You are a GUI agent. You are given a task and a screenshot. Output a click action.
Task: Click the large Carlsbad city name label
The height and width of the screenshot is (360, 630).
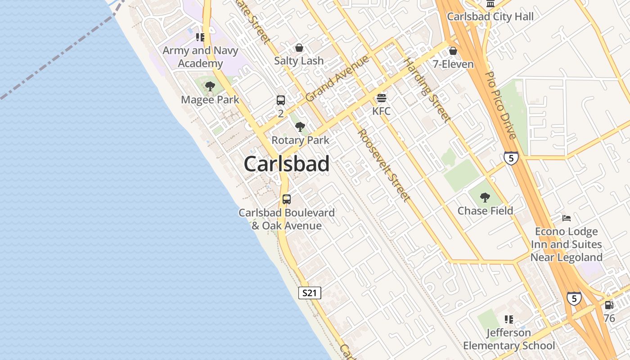click(x=287, y=164)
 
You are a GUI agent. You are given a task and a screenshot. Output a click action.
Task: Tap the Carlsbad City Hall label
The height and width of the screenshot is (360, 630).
click(x=490, y=17)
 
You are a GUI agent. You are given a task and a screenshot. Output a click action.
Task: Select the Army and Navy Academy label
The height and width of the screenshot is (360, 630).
click(x=200, y=57)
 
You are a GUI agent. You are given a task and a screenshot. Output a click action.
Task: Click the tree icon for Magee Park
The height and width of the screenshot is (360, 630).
click(x=210, y=86)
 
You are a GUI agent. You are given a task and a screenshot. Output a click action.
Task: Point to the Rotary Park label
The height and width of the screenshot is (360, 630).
click(x=300, y=140)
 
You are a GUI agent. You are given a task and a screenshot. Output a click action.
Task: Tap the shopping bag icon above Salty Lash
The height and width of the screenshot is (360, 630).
click(x=299, y=48)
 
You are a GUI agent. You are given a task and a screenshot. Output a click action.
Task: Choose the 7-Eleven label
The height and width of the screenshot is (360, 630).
click(x=453, y=64)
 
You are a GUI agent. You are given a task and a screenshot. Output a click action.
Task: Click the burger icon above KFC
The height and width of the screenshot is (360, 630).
click(x=382, y=98)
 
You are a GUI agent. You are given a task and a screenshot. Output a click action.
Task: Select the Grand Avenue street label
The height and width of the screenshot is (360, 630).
click(x=337, y=78)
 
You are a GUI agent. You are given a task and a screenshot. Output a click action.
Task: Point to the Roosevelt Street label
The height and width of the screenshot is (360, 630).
click(x=384, y=165)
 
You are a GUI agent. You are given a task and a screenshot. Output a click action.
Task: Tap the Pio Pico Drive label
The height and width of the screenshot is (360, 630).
click(x=501, y=105)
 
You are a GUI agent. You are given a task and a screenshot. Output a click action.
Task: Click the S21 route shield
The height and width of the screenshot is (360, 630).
click(x=310, y=293)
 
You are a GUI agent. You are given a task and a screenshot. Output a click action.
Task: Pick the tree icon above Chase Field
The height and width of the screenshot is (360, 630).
click(x=485, y=197)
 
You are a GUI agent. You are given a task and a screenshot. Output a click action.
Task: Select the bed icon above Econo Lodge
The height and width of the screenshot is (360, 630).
click(x=567, y=218)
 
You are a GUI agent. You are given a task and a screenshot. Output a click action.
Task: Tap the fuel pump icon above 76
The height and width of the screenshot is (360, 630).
click(x=609, y=305)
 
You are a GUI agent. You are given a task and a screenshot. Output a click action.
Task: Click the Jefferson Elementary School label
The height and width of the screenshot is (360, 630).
click(x=509, y=339)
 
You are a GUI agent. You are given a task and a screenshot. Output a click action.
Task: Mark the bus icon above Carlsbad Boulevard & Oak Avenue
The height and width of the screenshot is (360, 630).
click(x=287, y=199)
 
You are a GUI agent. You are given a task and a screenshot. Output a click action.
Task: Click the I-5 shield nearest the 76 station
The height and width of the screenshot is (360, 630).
click(x=574, y=298)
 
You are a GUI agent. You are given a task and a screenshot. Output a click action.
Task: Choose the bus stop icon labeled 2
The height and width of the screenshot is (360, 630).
click(x=281, y=100)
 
